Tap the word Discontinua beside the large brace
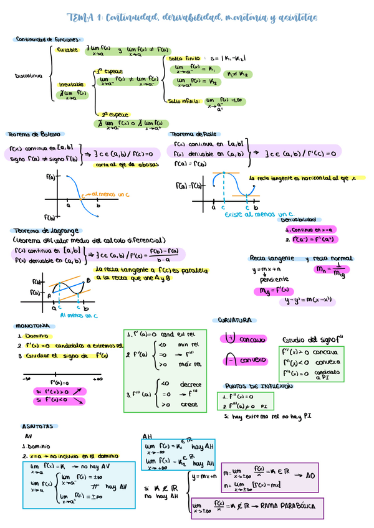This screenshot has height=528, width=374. point(29,76)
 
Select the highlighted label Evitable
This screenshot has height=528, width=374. point(67,49)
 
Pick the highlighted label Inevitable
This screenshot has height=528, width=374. point(72,84)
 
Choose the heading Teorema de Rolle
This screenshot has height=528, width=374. point(193,134)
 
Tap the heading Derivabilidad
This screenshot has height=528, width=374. point(298,220)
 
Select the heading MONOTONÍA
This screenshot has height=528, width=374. point(32,326)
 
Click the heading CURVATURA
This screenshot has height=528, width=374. point(234,320)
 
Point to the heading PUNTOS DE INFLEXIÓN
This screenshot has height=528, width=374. point(258,386)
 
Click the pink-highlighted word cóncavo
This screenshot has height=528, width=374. point(252,339)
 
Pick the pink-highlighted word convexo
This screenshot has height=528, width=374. point(253,361)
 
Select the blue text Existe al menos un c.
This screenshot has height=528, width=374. point(258,214)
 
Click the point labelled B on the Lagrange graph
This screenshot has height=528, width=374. point(88,281)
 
